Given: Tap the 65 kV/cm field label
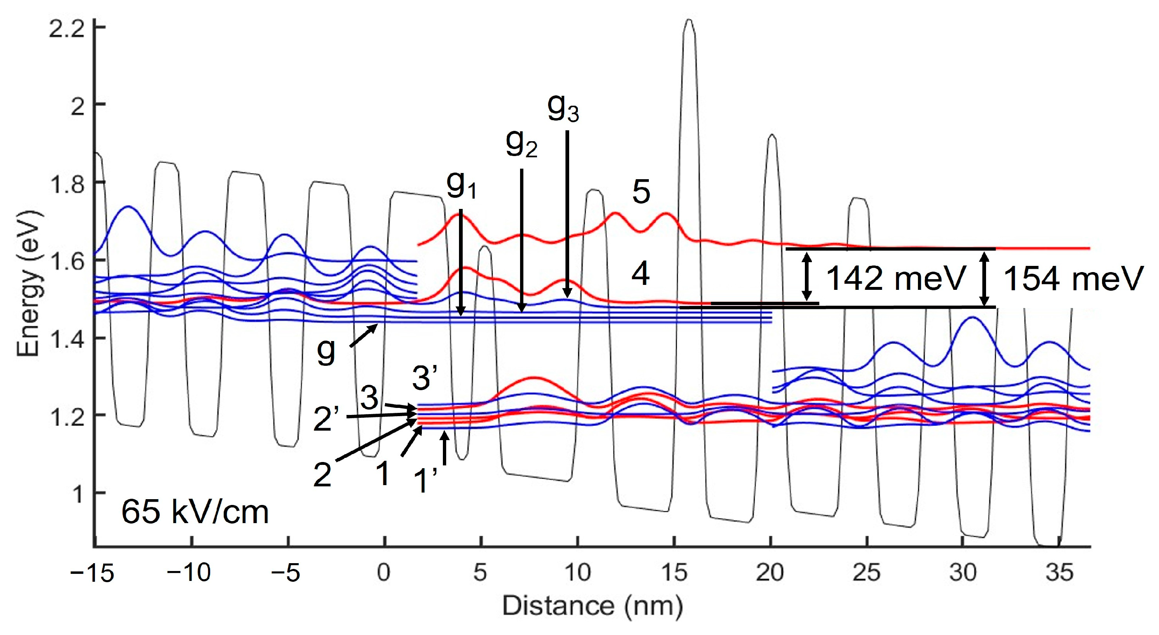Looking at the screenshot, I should point(195,512).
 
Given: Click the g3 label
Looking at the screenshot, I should point(563,109).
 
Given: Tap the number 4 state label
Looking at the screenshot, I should point(641,275).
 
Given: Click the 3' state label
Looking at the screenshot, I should point(425,378).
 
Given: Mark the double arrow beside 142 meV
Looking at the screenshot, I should point(808,276).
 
